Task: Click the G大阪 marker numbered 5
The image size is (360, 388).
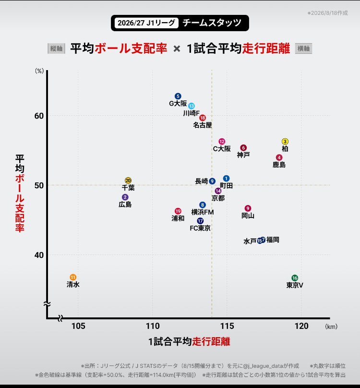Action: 178,96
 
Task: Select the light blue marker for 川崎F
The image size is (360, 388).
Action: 191,106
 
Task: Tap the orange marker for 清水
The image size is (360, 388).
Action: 73,277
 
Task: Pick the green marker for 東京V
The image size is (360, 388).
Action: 295,278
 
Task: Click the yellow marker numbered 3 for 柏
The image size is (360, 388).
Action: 285,141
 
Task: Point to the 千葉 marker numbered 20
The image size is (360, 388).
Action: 128,181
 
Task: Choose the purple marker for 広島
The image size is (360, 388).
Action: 125,197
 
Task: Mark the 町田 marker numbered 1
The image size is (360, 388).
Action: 226,179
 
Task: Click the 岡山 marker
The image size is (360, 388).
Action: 248,208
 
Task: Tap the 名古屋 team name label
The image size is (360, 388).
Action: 203,125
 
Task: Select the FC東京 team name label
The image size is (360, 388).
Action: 200,228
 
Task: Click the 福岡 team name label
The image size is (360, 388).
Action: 273,240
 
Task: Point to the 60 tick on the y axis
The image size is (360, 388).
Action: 39,116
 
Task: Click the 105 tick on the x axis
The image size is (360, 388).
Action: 78,326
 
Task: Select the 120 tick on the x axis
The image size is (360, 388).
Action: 301,326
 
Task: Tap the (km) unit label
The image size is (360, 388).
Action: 331,327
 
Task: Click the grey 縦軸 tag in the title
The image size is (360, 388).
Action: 57,48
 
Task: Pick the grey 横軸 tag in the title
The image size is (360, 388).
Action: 303,48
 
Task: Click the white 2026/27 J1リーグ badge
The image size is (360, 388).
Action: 146,23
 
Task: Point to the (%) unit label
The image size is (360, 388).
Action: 39,71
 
